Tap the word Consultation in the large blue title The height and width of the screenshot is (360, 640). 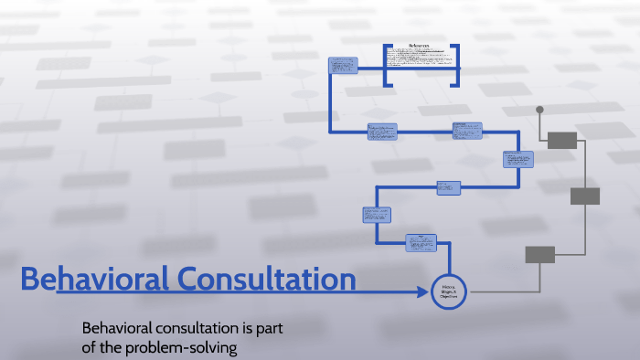pos(266,280)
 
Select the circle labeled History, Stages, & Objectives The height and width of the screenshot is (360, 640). pos(449,291)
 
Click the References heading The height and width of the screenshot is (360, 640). pos(421,46)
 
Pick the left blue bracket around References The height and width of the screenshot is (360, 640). pos(387,66)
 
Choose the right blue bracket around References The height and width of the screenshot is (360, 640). pos(456,66)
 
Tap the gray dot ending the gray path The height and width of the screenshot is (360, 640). pos(539,110)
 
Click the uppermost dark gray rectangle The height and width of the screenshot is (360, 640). pos(561,140)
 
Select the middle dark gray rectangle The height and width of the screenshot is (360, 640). pos(585,196)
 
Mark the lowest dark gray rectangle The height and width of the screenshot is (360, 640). pos(539,254)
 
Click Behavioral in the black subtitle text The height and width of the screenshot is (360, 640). pos(115,328)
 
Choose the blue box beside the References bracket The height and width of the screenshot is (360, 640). pos(342,68)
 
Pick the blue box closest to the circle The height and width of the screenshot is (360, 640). pos(420,243)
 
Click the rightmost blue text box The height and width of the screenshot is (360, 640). pos(517,159)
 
